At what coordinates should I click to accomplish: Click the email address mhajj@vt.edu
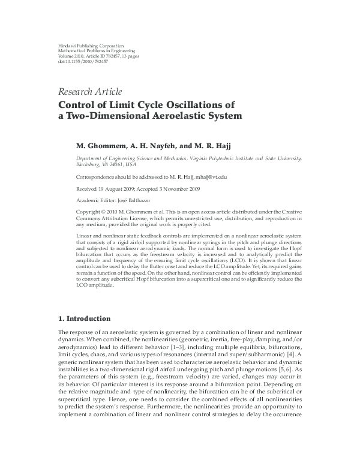pyautogui.click(x=210, y=178)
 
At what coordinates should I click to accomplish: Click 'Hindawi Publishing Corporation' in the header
pyautogui.click(x=91, y=46)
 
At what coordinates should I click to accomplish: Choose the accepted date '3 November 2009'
pyautogui.click(x=190, y=189)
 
